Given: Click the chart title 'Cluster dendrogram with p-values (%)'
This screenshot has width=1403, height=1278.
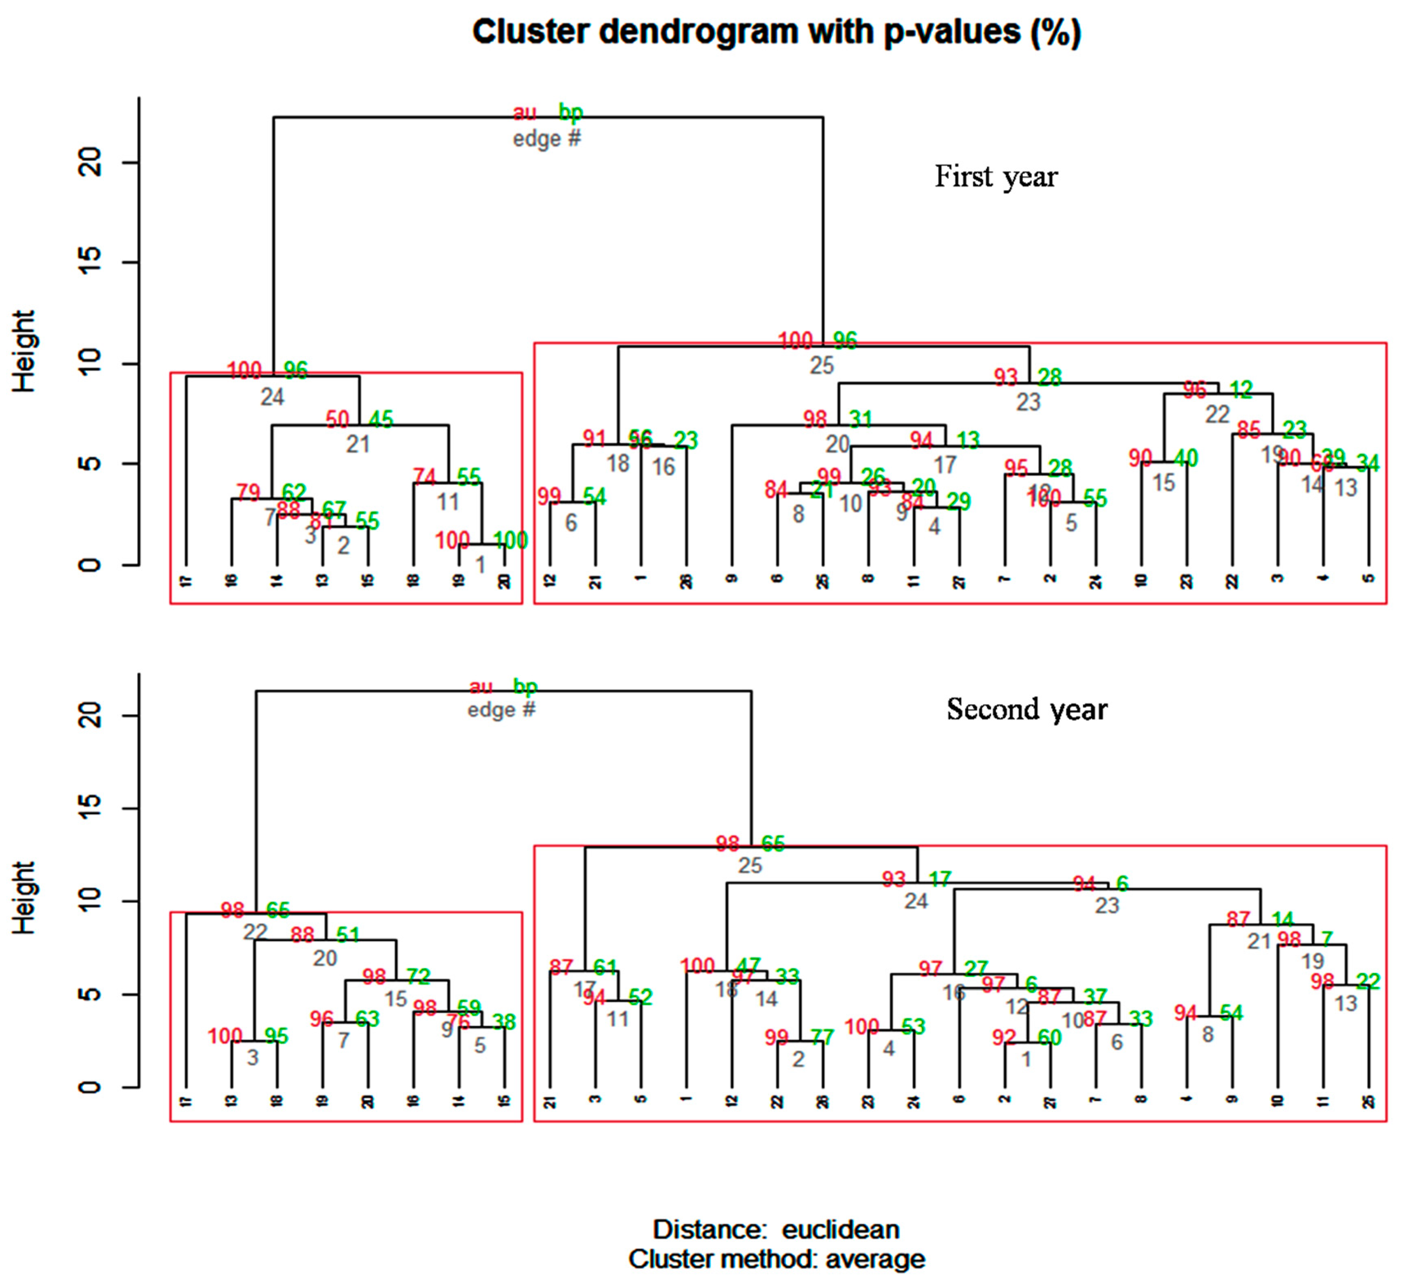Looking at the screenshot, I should point(776,32).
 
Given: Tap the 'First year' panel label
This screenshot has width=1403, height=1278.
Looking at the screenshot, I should point(995,177).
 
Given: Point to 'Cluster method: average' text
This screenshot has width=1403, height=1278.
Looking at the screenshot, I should point(776,1258).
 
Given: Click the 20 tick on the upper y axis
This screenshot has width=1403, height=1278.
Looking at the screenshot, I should point(90,163).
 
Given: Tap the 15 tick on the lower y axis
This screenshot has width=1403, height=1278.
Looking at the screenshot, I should point(90,808).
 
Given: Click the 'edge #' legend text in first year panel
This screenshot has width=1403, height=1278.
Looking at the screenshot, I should point(546,139).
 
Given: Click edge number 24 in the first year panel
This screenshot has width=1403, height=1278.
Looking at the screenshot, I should point(272,397).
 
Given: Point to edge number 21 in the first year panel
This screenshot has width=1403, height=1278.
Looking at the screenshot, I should point(358,444).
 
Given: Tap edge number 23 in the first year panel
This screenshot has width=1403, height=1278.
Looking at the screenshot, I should point(1028,402).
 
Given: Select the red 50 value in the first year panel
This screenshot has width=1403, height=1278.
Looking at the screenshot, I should point(338,419).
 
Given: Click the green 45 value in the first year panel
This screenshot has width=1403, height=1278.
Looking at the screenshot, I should point(381,419).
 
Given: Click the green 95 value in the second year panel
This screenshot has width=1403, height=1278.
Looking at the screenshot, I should point(276,1036).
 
